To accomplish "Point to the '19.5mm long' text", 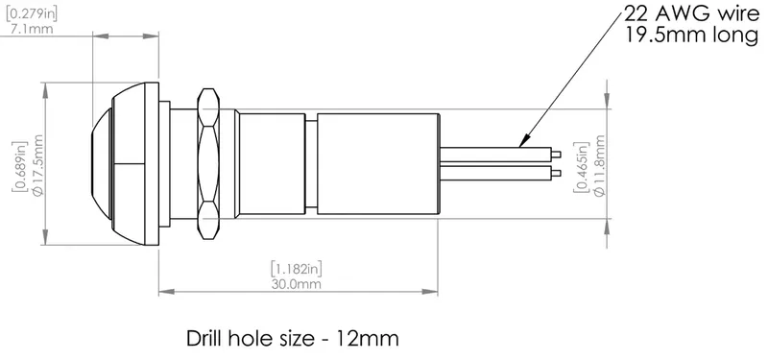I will (x=679, y=37).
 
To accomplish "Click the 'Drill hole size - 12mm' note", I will (x=289, y=338).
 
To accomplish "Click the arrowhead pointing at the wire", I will (x=522, y=142).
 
